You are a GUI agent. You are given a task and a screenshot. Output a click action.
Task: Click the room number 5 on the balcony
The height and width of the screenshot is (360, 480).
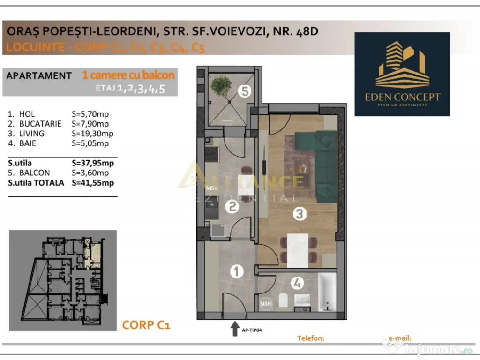click(x=243, y=91)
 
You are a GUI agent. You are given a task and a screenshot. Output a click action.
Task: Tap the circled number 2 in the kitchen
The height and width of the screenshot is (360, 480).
click(x=232, y=206)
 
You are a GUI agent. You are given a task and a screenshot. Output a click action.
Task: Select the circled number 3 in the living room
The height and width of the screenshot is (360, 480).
click(x=300, y=214)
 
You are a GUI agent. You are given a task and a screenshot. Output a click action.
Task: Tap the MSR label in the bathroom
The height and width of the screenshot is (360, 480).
click(x=266, y=303)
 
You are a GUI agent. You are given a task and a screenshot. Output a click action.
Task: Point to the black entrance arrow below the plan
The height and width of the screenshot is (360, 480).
click(x=234, y=329)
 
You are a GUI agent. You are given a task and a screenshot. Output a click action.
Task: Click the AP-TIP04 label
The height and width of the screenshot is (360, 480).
click(x=252, y=330)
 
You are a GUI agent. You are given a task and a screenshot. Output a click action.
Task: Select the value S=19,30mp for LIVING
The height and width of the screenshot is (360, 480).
click(x=92, y=134)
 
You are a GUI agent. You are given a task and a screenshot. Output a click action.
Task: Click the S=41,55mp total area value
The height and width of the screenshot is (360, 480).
click(x=93, y=183)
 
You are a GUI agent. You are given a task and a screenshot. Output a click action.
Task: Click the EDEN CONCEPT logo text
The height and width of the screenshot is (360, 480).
click(x=403, y=97)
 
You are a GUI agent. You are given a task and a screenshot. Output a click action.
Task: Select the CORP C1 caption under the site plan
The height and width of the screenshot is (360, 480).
click(x=146, y=324)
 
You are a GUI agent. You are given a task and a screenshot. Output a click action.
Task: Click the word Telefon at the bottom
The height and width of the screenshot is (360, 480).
click(x=311, y=337)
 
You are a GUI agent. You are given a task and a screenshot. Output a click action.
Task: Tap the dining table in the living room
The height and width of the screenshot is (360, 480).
click(x=298, y=248)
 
